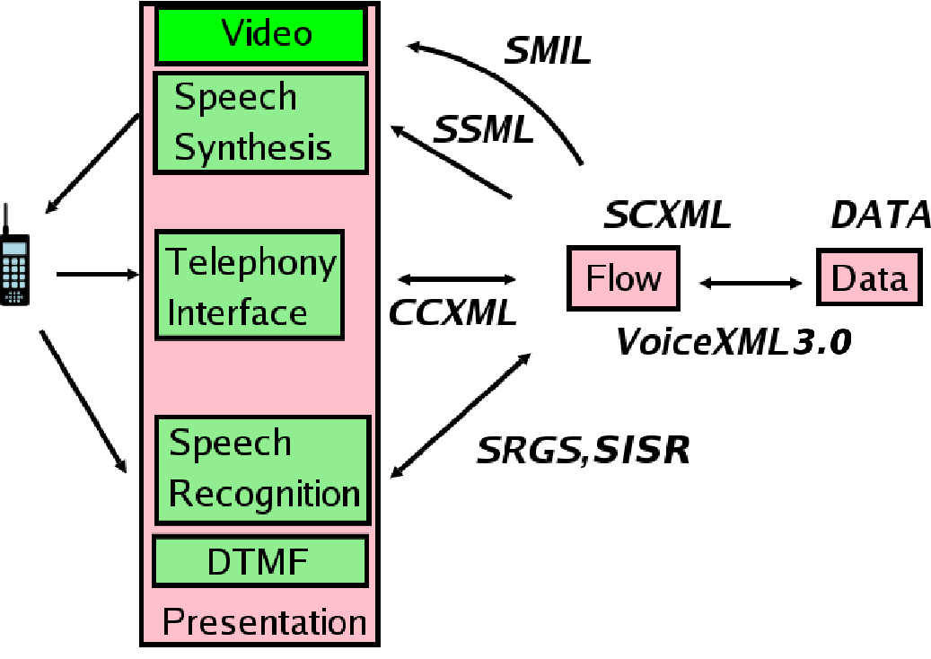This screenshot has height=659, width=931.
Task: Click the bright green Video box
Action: click(x=260, y=35)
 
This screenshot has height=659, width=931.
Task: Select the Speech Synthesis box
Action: click(x=260, y=122)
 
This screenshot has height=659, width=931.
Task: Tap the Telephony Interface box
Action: click(x=250, y=285)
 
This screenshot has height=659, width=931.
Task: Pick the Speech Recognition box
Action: click(x=262, y=470)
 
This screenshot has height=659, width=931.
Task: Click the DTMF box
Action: click(x=260, y=562)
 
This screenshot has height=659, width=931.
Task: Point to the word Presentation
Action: click(x=264, y=622)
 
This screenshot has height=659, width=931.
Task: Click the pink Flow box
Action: click(x=622, y=278)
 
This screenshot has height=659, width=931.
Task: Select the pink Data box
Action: click(x=868, y=278)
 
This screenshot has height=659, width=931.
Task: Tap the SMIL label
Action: click(x=547, y=51)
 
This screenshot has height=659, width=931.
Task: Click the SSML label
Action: click(x=484, y=131)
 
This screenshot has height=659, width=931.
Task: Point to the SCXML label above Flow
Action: click(x=666, y=216)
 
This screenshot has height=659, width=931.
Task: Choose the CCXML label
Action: click(x=452, y=312)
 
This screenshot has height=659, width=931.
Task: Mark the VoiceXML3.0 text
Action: click(x=733, y=342)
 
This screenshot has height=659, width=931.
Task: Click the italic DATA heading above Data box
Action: click(x=880, y=216)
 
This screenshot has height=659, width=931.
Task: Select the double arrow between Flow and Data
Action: click(x=751, y=284)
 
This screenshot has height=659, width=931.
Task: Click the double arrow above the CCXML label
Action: click(x=457, y=279)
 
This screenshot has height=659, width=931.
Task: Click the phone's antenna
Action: click(x=7, y=218)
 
